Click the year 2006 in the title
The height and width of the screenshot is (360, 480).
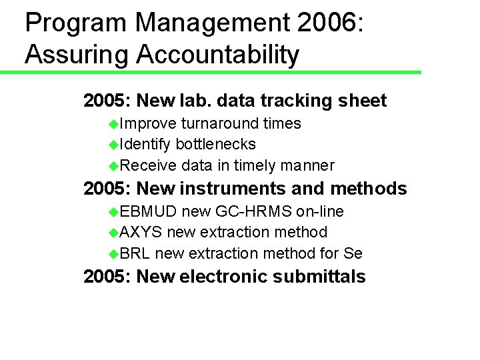[x=327, y=23]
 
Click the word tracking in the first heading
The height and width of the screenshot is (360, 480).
[x=293, y=101]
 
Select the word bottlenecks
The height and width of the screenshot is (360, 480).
[x=215, y=144]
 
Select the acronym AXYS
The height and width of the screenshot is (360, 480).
[x=142, y=232]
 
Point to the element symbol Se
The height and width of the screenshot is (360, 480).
[x=353, y=253]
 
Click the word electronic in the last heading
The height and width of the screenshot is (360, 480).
[x=223, y=277]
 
